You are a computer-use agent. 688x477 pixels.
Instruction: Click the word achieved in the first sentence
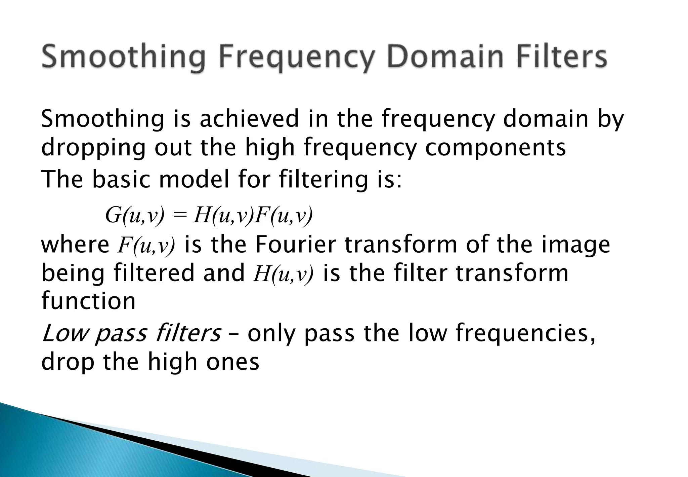coord(249,119)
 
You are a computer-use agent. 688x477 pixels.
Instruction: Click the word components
coord(496,148)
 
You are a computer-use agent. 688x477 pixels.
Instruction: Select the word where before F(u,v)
coord(75,245)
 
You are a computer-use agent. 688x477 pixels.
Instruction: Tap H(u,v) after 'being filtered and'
coord(284,273)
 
